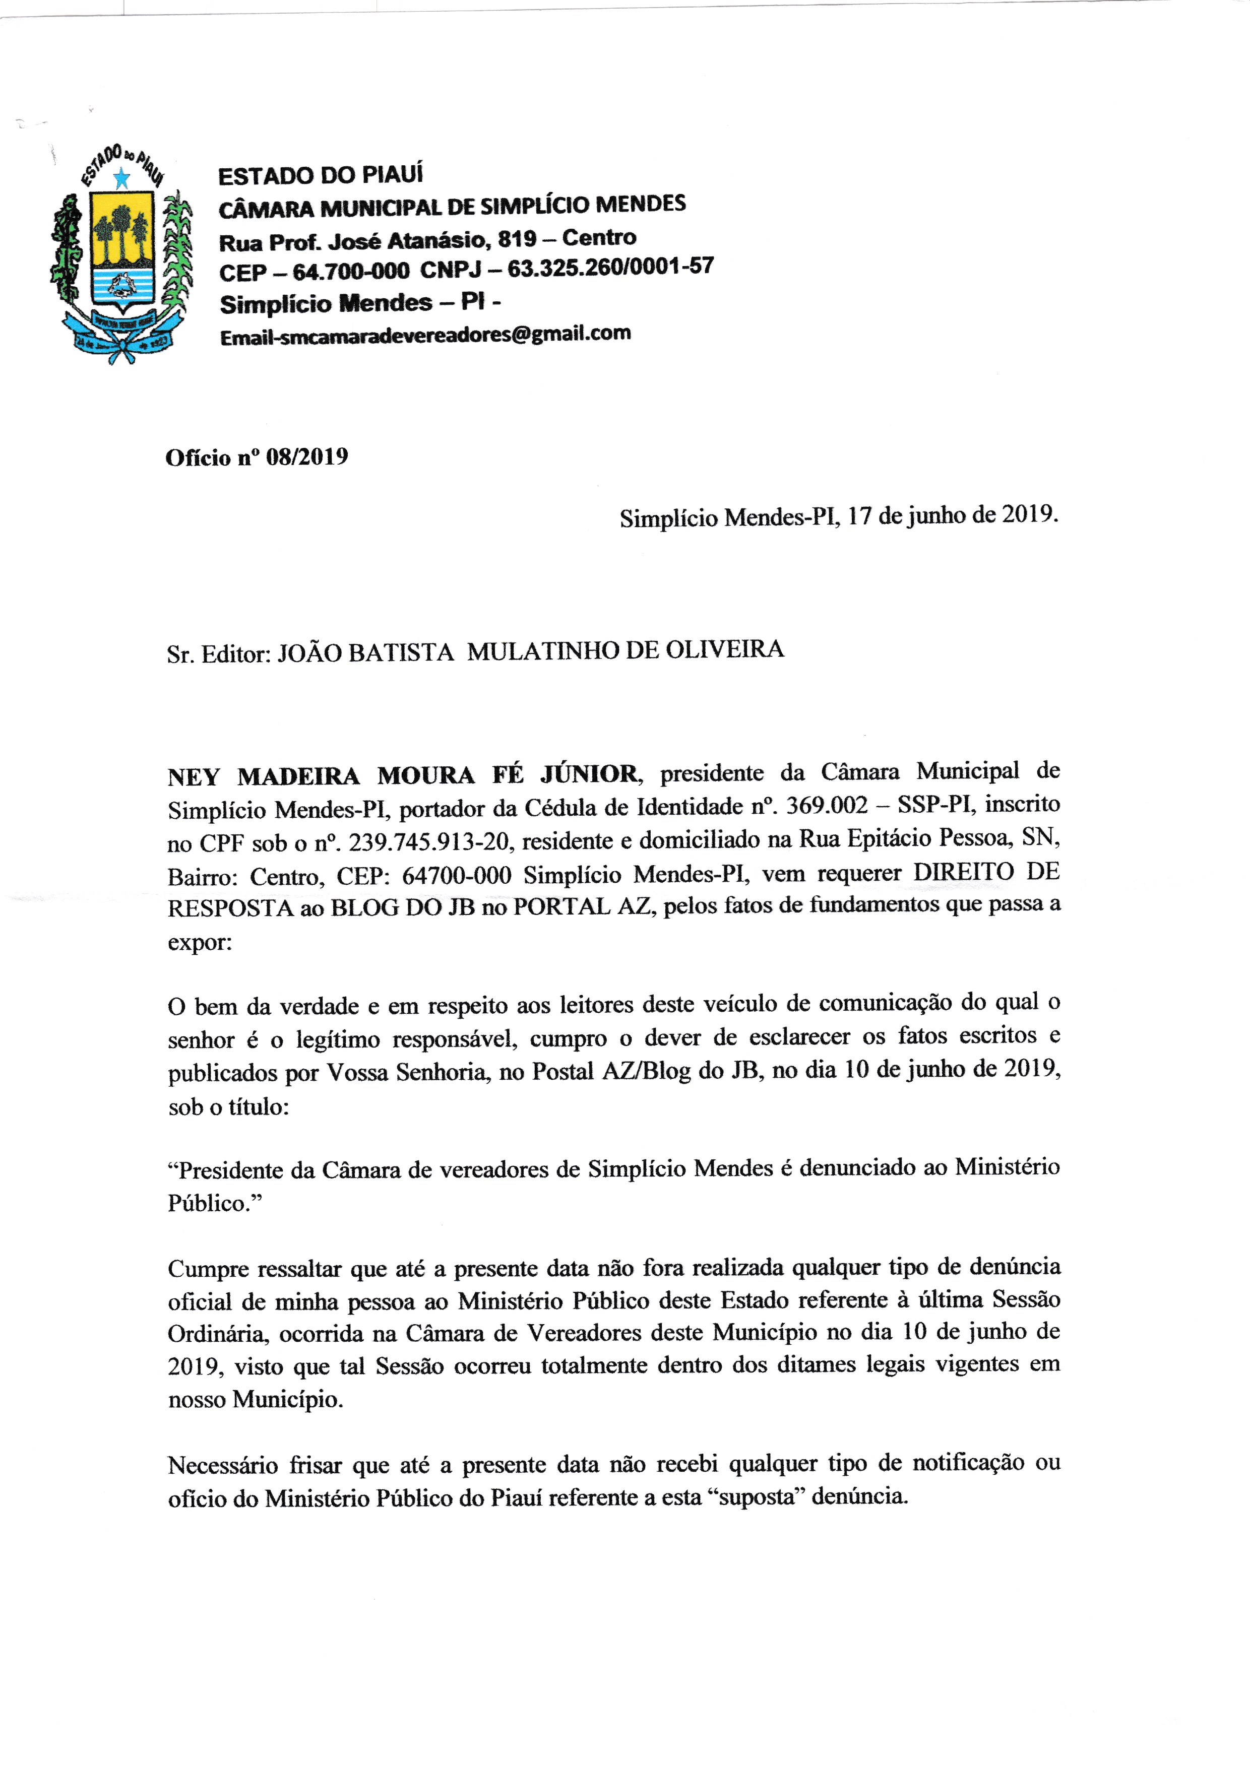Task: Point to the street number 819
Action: [517, 239]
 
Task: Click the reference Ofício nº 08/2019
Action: [257, 457]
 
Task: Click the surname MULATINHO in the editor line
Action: [543, 651]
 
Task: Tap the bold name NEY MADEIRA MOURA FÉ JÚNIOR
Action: [402, 775]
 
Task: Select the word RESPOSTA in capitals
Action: [231, 908]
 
